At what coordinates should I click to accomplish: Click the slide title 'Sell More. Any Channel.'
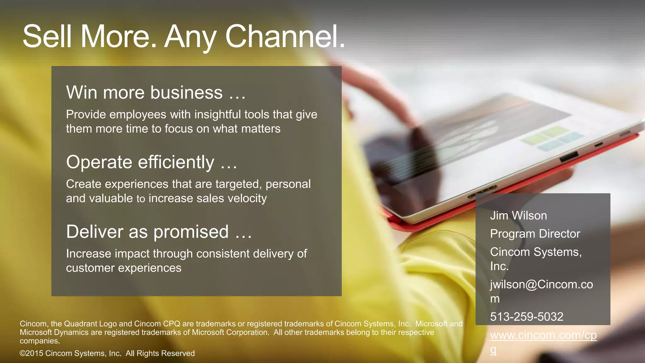click(184, 37)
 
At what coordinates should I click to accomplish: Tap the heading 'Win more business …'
click(156, 93)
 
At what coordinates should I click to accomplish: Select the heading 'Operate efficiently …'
click(151, 162)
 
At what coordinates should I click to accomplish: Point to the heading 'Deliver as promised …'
click(159, 232)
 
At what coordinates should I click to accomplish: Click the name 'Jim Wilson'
click(518, 216)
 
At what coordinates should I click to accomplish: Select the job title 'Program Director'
click(535, 234)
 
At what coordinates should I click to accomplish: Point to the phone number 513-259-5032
click(527, 317)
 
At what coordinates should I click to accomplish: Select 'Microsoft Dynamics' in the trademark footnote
click(54, 332)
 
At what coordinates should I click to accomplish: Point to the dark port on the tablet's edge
click(569, 157)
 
